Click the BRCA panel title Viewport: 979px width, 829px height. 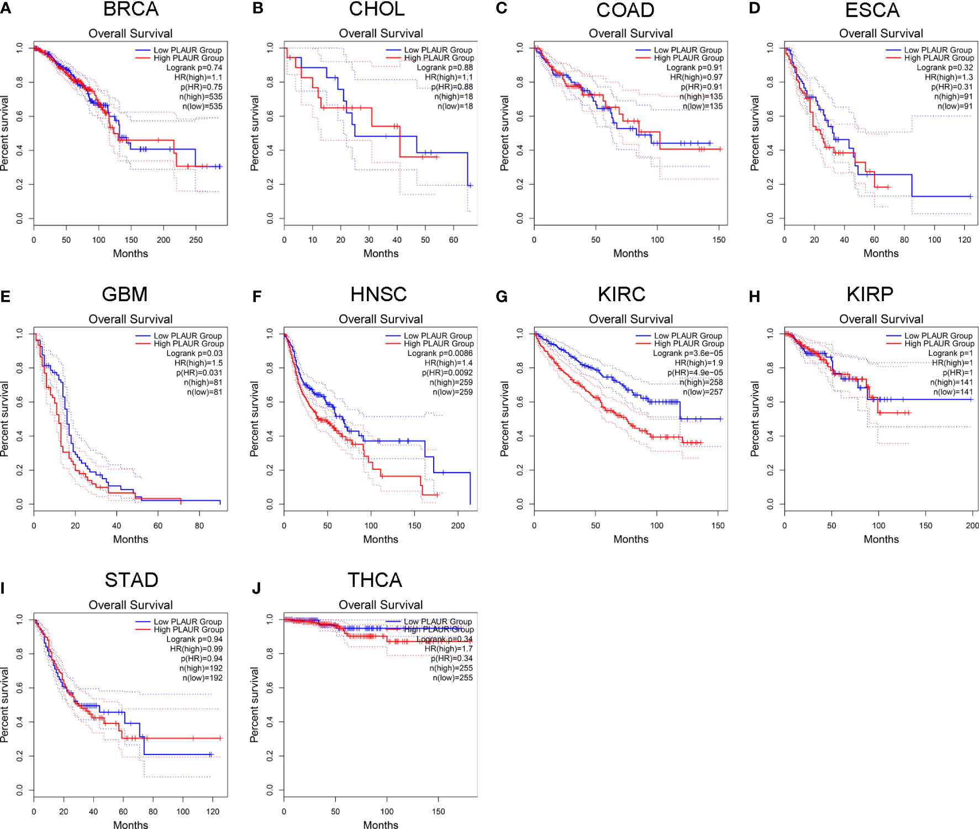131,9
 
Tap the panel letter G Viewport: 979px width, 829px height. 501,297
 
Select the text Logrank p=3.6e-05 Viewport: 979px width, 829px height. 688,353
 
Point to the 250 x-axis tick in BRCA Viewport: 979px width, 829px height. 196,240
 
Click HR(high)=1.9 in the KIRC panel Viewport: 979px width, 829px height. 698,363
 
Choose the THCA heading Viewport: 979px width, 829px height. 375,580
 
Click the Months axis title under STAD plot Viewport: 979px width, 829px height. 130,825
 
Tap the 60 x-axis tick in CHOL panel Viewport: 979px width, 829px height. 454,240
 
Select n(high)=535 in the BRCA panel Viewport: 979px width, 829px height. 201,97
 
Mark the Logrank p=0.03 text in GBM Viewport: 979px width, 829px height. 194,353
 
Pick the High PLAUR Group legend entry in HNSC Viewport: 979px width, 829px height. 439,344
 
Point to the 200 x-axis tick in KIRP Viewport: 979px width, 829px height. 972,526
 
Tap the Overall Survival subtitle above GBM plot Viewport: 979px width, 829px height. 130,319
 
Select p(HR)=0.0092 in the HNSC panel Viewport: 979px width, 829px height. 447,372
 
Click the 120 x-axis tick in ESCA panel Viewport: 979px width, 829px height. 965,240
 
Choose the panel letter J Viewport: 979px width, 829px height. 256,588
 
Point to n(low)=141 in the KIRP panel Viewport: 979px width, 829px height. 953,392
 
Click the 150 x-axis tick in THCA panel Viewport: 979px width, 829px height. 438,811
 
